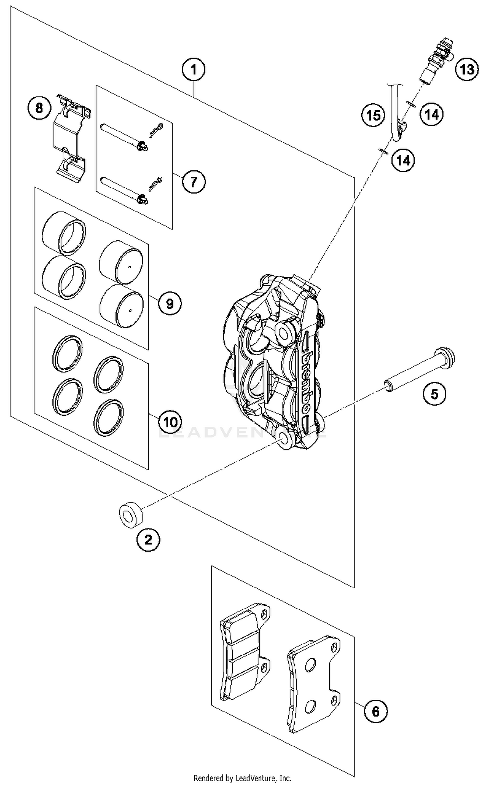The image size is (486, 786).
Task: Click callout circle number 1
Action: (193, 70)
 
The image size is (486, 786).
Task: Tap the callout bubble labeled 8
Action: (39, 108)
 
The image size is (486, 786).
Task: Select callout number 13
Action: (467, 69)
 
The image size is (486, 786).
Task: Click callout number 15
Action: (373, 115)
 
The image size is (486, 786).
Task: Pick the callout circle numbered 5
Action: (434, 394)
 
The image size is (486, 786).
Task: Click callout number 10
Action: (170, 422)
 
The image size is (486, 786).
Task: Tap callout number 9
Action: (170, 303)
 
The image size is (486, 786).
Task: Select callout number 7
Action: (193, 181)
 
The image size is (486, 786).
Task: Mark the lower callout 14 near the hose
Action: (403, 160)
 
